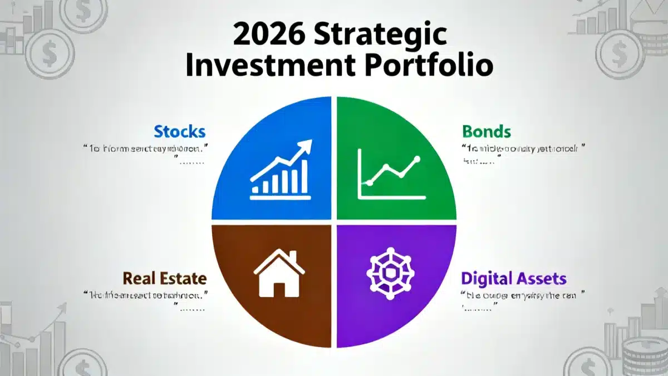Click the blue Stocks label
pos(179,132)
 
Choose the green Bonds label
pos(486,132)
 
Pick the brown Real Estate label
pos(164,278)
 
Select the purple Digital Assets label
pos(513,278)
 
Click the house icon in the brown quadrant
pos(279,273)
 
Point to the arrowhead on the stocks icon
pos(305,147)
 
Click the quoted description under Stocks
pos(143,149)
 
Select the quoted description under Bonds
pos(523,149)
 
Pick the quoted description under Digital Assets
pos(523,295)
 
